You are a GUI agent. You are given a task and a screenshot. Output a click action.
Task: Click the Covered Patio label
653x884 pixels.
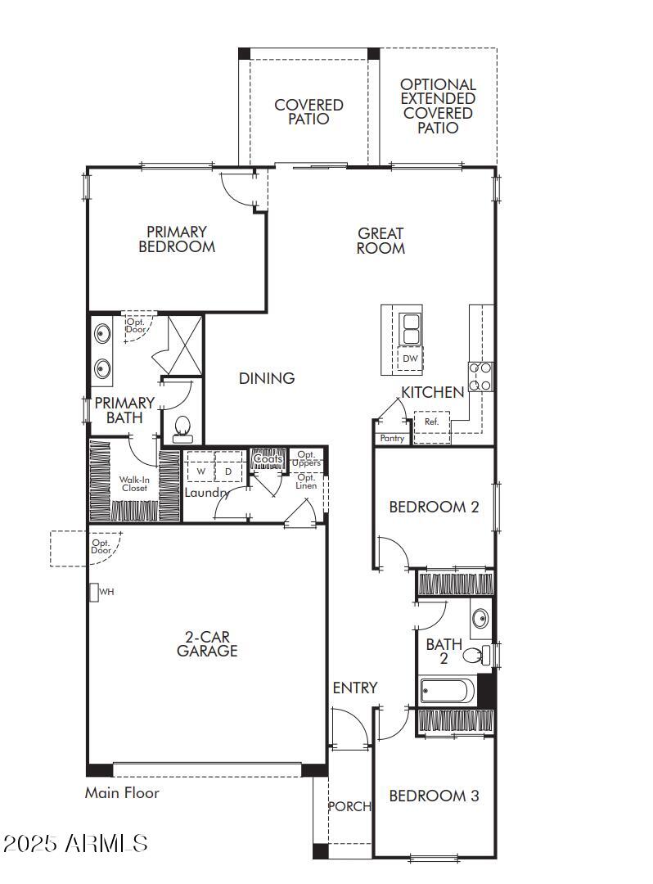pos(308,112)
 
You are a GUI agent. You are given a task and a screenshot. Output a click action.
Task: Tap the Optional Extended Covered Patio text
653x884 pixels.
pos(438,106)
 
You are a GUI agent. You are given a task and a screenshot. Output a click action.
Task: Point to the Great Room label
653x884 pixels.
pos(381,241)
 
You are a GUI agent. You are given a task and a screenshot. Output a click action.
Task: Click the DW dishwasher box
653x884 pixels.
pos(410,359)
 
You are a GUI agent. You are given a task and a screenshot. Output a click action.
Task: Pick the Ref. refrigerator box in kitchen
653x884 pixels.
pos(431,422)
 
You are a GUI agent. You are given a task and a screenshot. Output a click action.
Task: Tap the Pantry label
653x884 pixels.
pos(392,439)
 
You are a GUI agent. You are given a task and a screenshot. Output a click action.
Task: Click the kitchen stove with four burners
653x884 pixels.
pos(480,377)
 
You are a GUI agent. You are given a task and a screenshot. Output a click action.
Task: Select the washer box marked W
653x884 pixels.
pos(200,471)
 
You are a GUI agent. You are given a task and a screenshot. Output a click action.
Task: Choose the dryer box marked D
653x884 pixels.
pos(228,471)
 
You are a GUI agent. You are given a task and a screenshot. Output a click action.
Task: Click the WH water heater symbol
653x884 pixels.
pos(94,591)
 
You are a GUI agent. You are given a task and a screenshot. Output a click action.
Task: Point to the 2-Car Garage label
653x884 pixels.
pos(207,643)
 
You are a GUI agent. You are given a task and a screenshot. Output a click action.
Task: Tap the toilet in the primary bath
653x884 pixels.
pos(182,427)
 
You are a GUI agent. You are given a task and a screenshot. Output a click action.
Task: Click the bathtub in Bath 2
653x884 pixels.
pos(447,692)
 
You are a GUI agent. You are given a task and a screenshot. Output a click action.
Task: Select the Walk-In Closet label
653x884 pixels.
pos(134,483)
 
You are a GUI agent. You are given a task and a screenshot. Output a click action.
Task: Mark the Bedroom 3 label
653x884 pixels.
pos(434,796)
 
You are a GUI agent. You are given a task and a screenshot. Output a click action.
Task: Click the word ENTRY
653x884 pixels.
pos(355,688)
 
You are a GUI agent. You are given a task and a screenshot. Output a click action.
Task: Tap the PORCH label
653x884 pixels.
pos(349,806)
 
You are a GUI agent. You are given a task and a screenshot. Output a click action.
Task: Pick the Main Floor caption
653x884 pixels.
pos(122,792)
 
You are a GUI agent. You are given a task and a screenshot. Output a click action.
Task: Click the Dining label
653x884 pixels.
pos(267,378)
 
